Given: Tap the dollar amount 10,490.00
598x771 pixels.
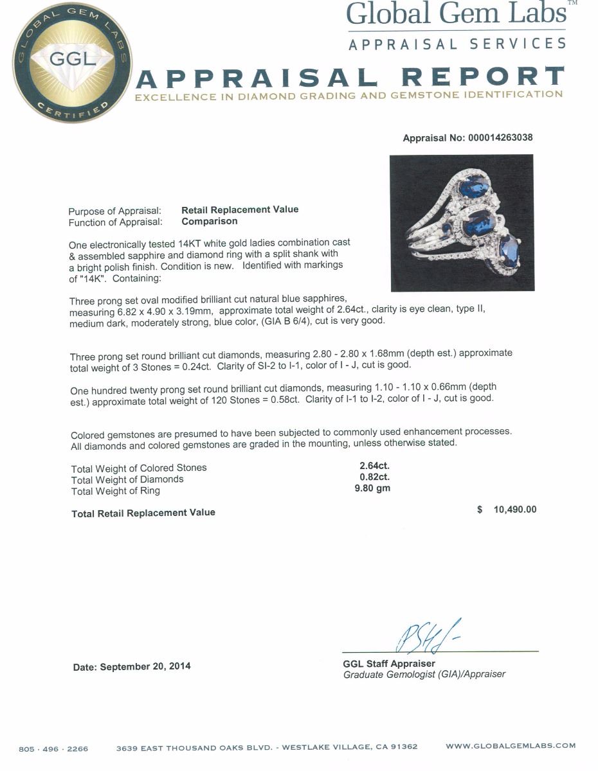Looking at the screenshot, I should point(514,510).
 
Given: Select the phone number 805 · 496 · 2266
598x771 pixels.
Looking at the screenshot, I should point(53,749).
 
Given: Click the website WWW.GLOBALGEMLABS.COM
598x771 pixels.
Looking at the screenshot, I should point(511,746).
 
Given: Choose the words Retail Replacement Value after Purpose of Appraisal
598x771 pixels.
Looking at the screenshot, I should point(240,209).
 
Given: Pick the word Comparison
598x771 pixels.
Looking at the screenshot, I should point(209,221).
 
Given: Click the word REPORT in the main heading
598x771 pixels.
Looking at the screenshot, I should point(482,78).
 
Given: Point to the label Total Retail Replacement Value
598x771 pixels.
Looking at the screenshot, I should point(143,513).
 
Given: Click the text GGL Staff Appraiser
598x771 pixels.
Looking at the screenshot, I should point(389,664).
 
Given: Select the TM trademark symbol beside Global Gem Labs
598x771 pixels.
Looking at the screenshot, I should point(573,3).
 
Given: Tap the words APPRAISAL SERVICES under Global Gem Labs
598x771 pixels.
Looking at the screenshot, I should point(457,44).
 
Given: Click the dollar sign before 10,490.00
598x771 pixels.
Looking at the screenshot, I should point(480,510).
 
